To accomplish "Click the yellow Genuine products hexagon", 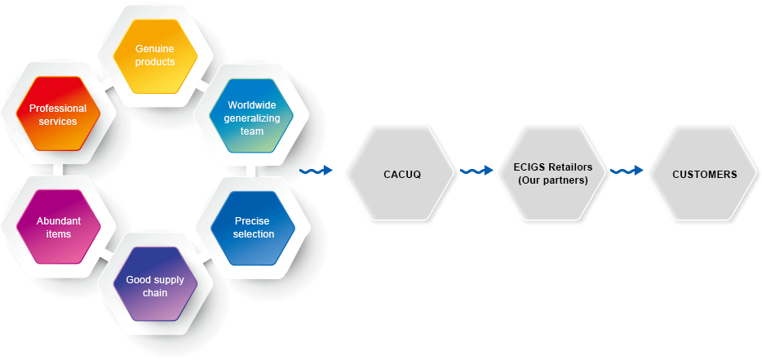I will point(155,56).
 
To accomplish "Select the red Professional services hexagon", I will point(58,115).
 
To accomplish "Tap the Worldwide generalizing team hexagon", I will point(252,118).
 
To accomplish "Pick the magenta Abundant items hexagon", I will point(58,228).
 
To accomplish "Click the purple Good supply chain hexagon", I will point(155,286).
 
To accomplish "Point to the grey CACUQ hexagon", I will point(401,174).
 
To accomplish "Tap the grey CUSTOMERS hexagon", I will point(704,174).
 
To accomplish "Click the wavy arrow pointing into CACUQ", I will point(317,171).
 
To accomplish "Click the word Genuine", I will point(155,49).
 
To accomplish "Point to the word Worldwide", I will point(252,105).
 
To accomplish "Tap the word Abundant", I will point(58,221).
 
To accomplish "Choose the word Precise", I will point(252,221).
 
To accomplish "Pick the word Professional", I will point(58,109).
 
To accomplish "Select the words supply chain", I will point(155,287).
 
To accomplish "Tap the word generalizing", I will point(252,118).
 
